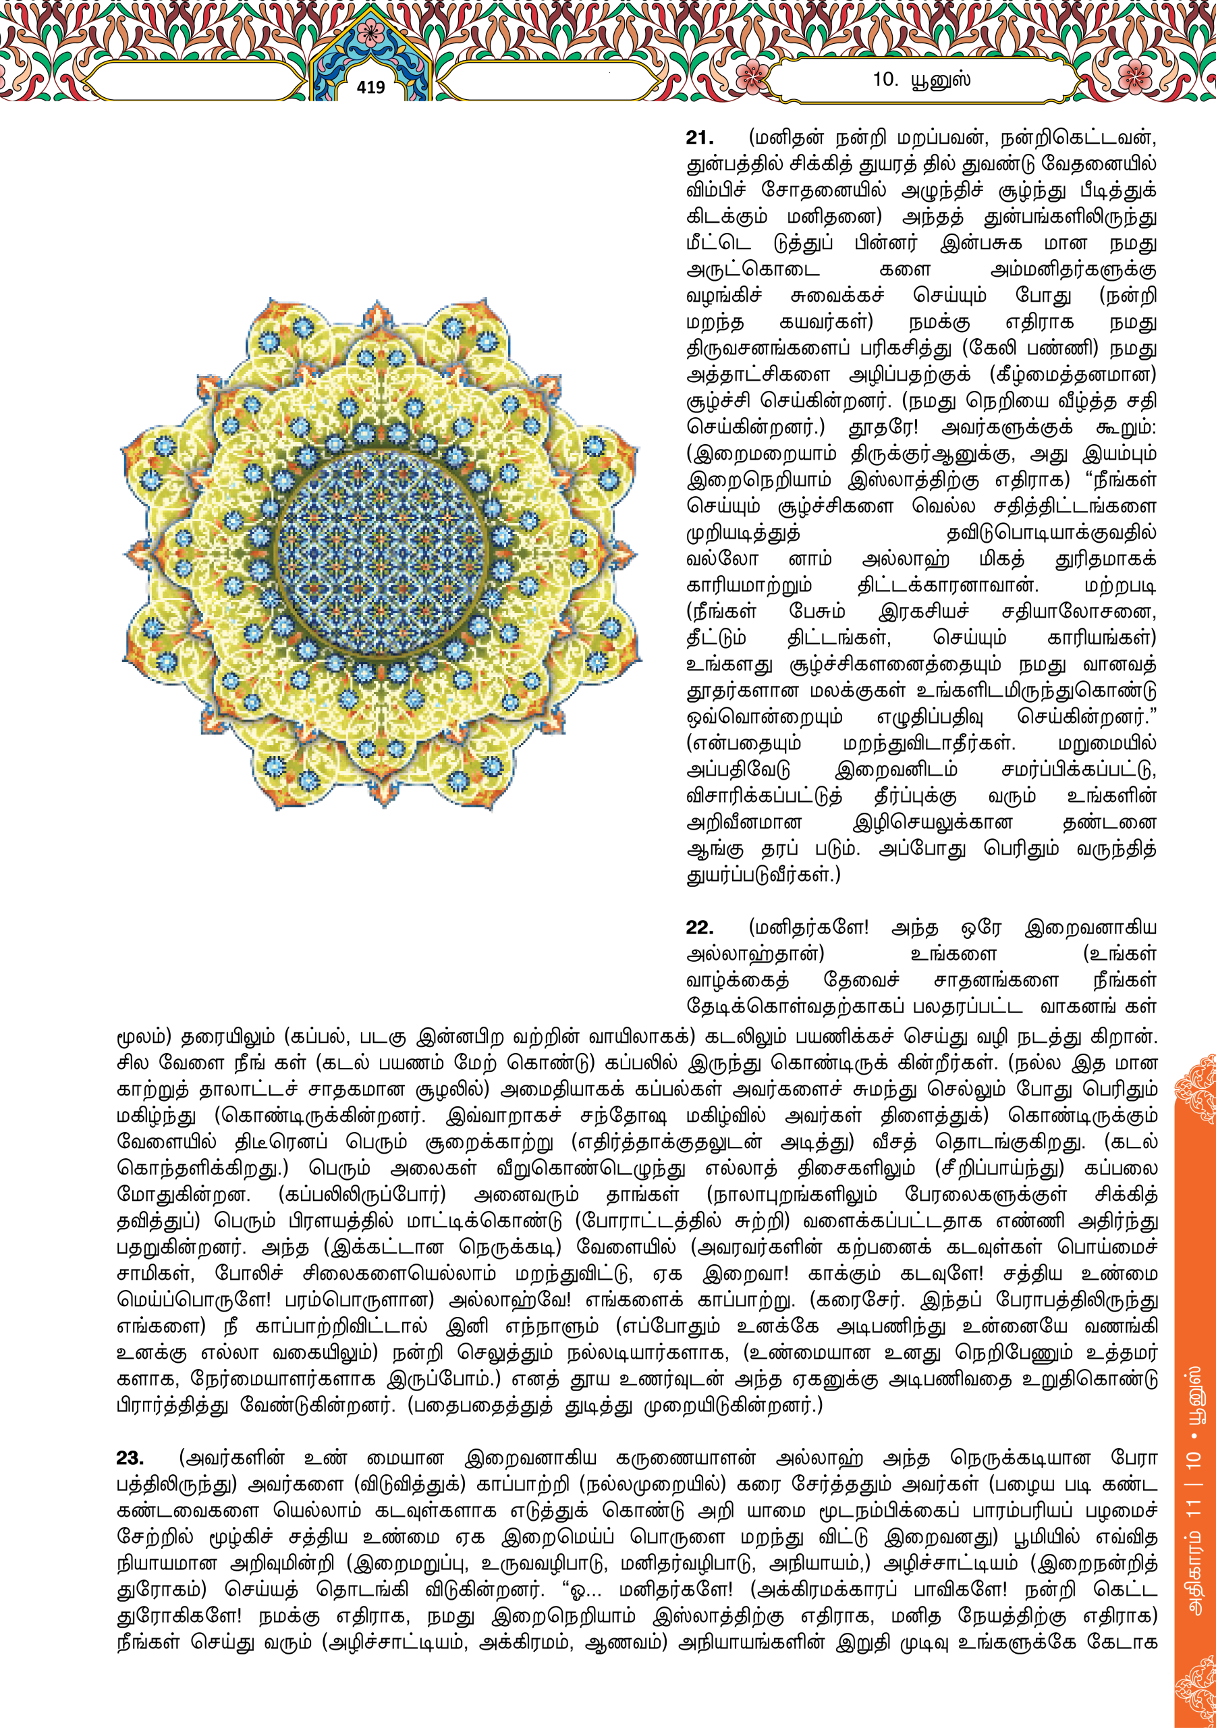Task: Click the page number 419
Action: coord(370,88)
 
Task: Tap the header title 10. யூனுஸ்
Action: coord(921,79)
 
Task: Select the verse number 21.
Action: coord(699,138)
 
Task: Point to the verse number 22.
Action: coord(699,927)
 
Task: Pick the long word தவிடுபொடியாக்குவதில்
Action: coord(1051,533)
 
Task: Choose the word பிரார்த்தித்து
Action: coord(172,1405)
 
